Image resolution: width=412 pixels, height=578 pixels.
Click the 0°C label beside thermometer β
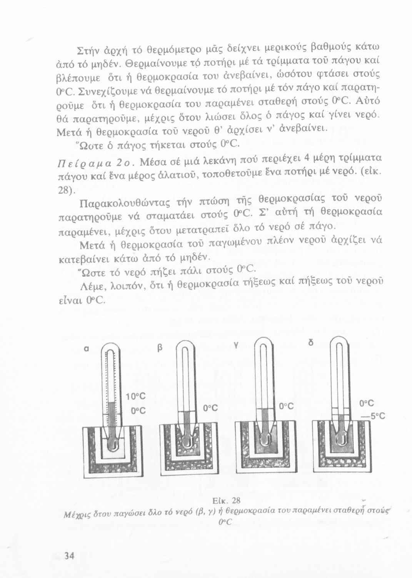(211, 408)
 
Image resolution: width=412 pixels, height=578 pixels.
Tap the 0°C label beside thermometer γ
(287, 406)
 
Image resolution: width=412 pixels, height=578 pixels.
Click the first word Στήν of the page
(87, 50)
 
